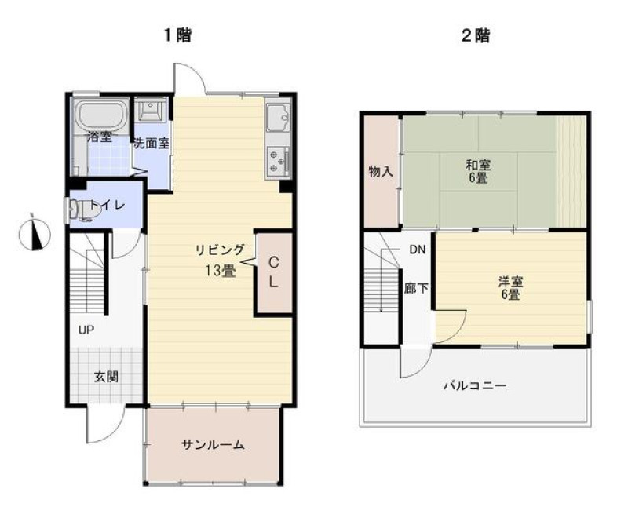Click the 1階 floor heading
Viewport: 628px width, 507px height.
178,35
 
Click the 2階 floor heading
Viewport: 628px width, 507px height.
476,36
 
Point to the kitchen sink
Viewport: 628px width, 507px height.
277,119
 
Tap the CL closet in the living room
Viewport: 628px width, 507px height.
273,272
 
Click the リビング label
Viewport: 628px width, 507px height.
220,250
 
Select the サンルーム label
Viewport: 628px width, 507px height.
213,444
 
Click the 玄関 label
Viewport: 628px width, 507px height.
106,377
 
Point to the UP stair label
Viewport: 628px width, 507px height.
86,330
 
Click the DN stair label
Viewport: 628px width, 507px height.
417,250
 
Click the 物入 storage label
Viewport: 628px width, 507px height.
381,172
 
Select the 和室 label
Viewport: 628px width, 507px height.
478,164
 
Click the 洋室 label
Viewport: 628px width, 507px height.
510,282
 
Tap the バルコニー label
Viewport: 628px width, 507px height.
475,386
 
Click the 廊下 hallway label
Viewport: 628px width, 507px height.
417,288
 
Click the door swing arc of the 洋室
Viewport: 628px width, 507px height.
460,332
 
